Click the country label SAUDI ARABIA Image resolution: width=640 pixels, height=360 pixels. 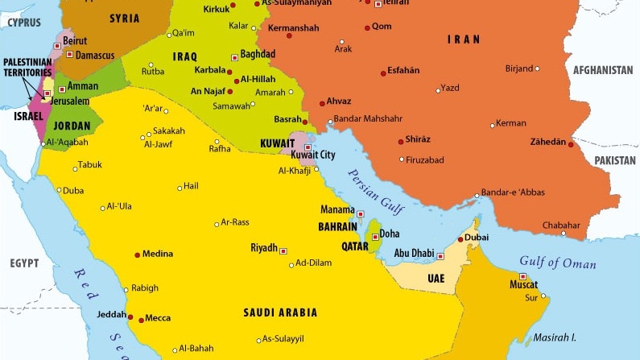[x=280, y=312]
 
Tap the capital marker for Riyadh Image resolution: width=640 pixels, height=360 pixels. [x=283, y=250]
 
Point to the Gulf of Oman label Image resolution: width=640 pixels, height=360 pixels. [x=557, y=263]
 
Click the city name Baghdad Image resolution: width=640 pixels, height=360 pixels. [x=258, y=54]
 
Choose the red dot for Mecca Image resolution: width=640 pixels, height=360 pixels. [x=142, y=320]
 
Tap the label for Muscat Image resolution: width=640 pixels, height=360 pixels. [x=523, y=284]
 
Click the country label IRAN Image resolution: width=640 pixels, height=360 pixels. [x=464, y=39]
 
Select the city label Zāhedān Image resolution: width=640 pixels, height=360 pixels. [x=547, y=142]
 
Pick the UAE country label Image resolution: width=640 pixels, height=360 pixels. [x=436, y=278]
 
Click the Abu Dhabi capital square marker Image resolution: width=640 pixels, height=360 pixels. [x=440, y=256]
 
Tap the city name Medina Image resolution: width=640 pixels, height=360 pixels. [x=157, y=254]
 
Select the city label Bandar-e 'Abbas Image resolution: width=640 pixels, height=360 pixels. [x=512, y=192]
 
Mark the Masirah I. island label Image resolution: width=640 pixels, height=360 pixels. [x=555, y=337]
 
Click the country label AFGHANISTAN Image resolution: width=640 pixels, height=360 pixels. [x=605, y=71]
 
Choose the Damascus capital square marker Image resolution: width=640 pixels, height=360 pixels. [x=70, y=55]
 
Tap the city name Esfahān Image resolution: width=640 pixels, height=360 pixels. [x=403, y=71]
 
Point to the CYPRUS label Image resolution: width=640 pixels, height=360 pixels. [x=24, y=23]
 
